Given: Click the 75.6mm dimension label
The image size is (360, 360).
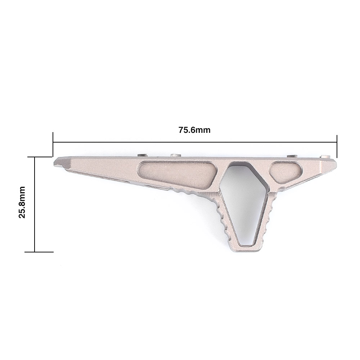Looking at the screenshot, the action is [194, 130].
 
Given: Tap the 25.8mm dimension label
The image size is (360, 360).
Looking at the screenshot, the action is [22, 202].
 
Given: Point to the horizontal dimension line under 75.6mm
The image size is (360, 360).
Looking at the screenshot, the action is [195, 142].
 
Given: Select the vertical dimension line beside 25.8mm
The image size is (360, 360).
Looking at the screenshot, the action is [35, 204].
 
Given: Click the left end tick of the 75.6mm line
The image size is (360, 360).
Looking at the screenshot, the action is [53, 145].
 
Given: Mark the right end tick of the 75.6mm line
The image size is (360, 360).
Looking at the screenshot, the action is [337, 147].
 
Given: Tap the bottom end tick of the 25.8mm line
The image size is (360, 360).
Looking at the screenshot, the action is [39, 252].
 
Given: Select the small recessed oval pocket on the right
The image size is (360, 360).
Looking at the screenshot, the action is [286, 172].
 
